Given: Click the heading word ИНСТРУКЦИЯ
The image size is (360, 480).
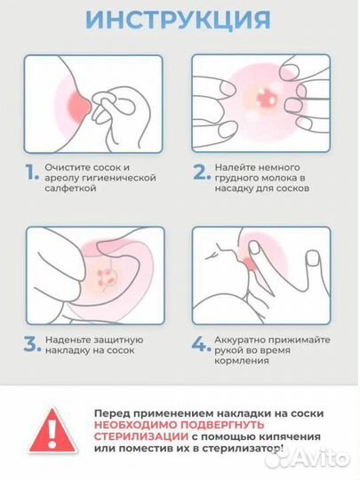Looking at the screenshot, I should click(180, 19).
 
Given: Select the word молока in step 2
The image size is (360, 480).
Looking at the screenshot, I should click(277, 177).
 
